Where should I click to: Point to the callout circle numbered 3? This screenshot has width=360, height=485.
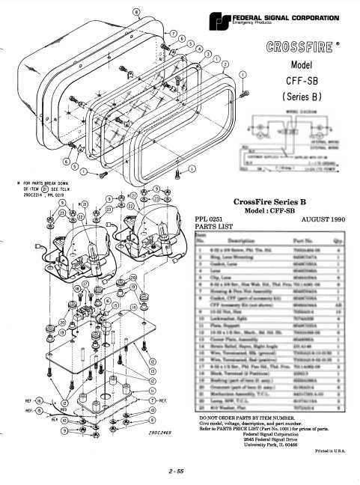[208, 53]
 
